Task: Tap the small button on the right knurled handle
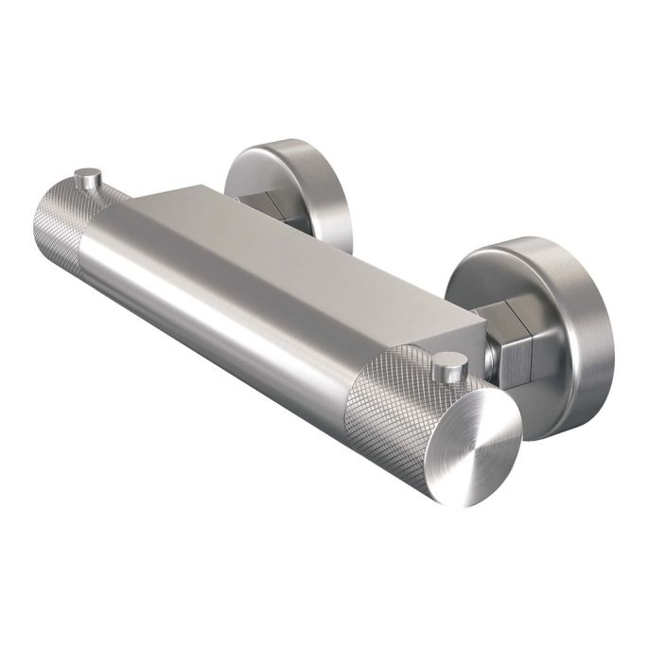[450, 363]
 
